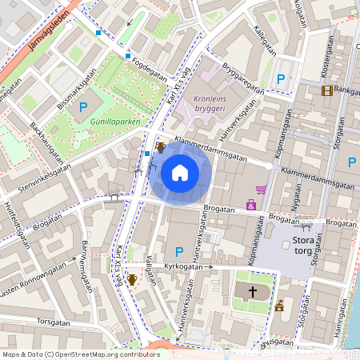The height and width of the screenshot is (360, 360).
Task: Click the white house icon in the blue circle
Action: (x=180, y=172)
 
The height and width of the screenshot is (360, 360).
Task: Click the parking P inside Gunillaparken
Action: (x=82, y=106)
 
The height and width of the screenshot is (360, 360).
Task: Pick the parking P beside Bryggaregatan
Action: (x=280, y=78)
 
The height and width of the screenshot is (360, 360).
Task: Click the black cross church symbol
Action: (x=253, y=292)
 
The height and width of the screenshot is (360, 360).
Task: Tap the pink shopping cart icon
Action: (x=261, y=190)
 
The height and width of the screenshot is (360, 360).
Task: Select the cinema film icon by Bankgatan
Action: (x=326, y=90)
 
